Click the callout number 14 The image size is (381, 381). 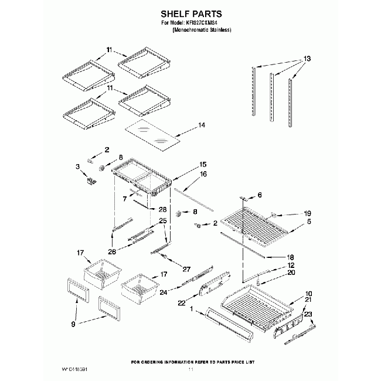(202, 125)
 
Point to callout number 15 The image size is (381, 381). (203, 165)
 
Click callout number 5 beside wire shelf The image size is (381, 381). (309, 222)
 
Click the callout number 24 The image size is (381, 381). (164, 291)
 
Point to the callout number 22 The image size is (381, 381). (182, 302)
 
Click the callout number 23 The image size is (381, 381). (309, 313)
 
